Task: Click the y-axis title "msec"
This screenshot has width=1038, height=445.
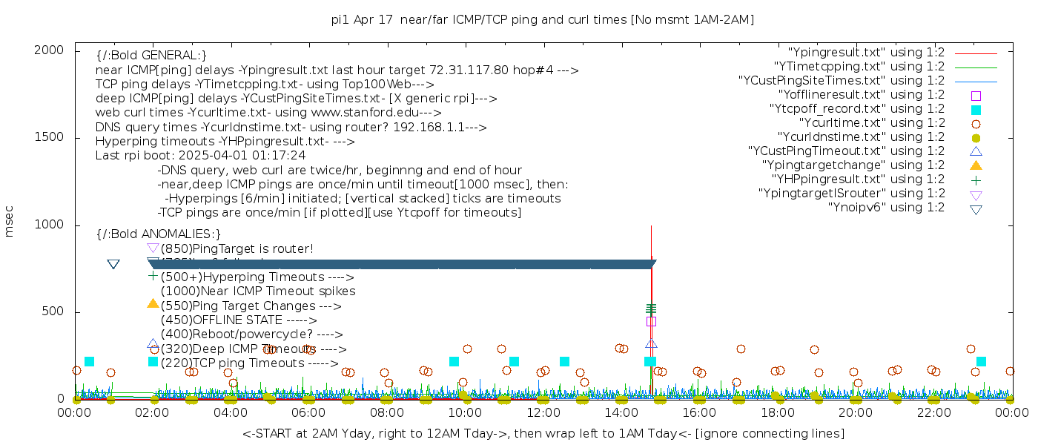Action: [x=10, y=221]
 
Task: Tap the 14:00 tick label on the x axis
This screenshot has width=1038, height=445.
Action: [x=621, y=413]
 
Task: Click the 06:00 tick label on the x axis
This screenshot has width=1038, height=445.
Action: [x=308, y=413]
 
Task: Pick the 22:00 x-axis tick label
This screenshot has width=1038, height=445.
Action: [x=933, y=413]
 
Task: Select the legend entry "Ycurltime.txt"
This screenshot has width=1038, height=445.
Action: [x=871, y=123]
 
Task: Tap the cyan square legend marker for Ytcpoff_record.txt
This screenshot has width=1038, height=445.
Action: [x=976, y=110]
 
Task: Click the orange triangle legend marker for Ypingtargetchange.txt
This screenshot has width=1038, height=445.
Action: [x=976, y=165]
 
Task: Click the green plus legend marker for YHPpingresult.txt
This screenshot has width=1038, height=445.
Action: [x=976, y=179]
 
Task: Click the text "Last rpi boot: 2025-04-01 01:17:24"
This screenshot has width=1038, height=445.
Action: [x=200, y=156]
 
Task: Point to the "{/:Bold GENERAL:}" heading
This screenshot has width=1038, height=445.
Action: [x=151, y=56]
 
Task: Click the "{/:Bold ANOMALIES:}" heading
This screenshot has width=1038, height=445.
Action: [x=159, y=234]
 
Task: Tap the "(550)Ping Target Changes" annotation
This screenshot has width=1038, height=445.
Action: [x=251, y=306]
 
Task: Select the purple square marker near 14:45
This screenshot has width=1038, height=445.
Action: [x=651, y=321]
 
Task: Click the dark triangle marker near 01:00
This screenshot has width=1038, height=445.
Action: [x=113, y=264]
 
